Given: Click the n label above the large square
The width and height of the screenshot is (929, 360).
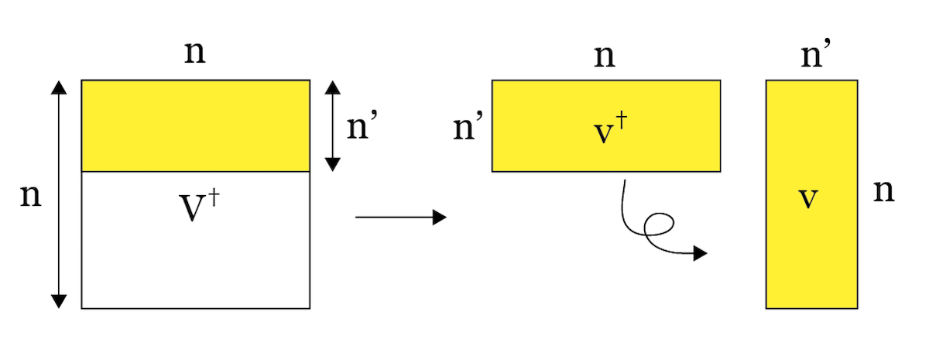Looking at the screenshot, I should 195,53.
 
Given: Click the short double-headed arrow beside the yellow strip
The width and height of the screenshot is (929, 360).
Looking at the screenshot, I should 332,125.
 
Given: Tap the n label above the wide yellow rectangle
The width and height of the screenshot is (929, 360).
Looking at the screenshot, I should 605,56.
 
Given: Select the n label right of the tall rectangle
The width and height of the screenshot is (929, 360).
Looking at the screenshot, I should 884,190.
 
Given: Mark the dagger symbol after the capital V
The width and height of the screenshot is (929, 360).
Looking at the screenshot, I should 209,201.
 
